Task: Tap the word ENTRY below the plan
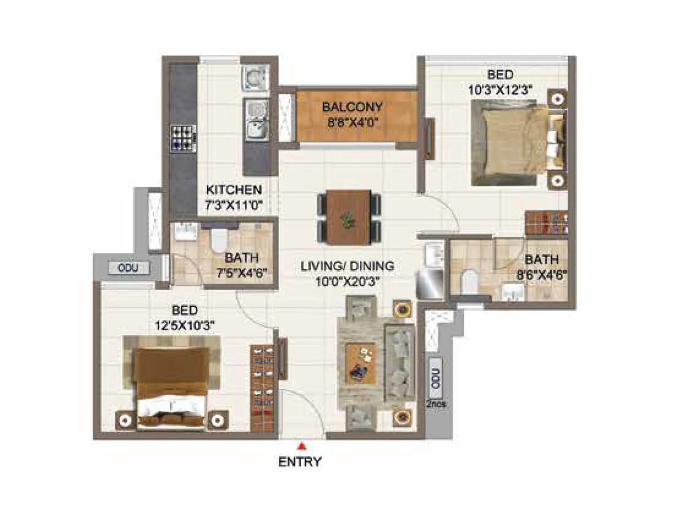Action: tap(300, 462)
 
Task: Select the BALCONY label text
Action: tap(352, 107)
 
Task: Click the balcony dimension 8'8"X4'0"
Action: tap(352, 123)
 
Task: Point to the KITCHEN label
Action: tap(234, 190)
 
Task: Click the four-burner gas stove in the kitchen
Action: tap(184, 138)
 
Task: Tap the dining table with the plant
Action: tap(349, 216)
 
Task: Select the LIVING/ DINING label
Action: tap(348, 266)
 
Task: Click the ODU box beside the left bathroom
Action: tap(128, 268)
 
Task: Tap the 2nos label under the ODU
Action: tap(436, 404)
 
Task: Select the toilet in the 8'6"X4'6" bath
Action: tap(468, 281)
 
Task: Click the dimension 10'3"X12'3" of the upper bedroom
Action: tap(500, 90)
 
